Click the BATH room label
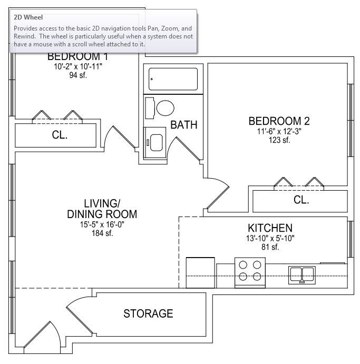tap(184, 125)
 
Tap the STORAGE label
tap(148, 313)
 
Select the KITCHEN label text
tap(270, 228)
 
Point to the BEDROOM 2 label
tap(279, 121)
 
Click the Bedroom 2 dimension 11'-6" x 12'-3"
tap(279, 131)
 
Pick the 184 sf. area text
tap(102, 233)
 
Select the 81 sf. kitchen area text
tap(270, 247)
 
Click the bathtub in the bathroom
tap(173, 79)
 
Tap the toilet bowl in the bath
tap(166, 108)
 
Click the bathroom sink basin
tap(157, 143)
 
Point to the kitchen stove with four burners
tap(250, 272)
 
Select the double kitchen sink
tap(302, 275)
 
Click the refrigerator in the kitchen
tap(200, 272)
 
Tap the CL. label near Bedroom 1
tap(60, 135)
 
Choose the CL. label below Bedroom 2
tap(301, 200)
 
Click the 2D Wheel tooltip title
tap(28, 17)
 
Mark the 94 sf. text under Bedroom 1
tap(78, 75)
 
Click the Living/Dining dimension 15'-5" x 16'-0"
tap(102, 224)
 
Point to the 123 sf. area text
tap(279, 140)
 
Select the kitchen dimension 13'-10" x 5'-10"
tap(270, 238)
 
